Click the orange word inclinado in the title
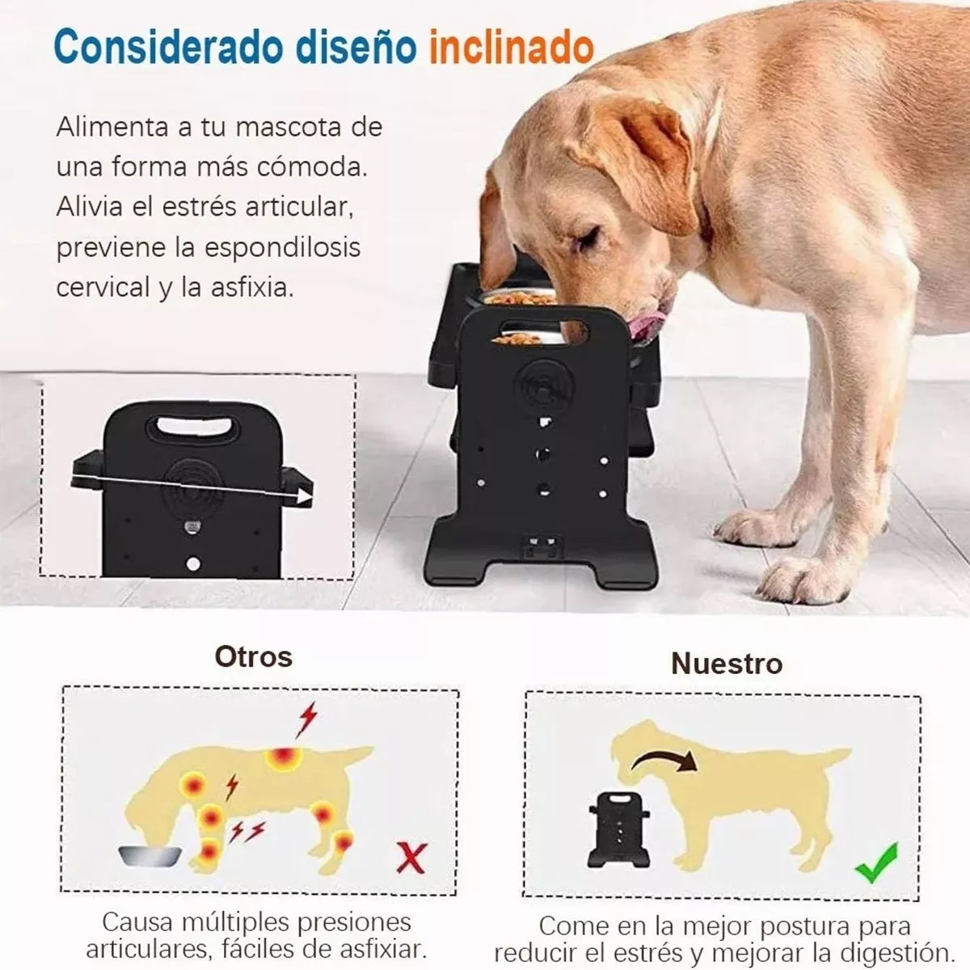coord(511,48)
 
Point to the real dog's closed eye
coord(589,237)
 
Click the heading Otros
coord(254,656)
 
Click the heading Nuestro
coord(726,664)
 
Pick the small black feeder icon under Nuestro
coord(619,828)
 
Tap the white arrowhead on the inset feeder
coord(303,496)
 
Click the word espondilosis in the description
coord(281,247)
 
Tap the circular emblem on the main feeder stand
coord(542,386)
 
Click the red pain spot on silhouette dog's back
coord(284,758)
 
